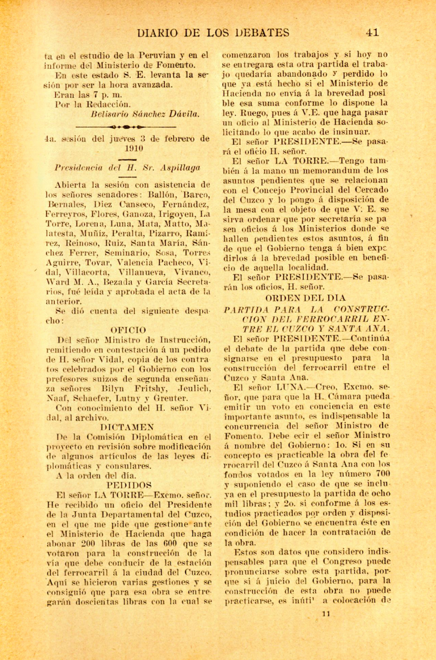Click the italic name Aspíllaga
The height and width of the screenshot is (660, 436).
click(181, 167)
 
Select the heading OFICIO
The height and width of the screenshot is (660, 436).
click(128, 330)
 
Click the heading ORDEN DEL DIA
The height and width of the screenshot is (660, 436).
click(305, 297)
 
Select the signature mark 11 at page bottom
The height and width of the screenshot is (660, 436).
click(326, 614)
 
